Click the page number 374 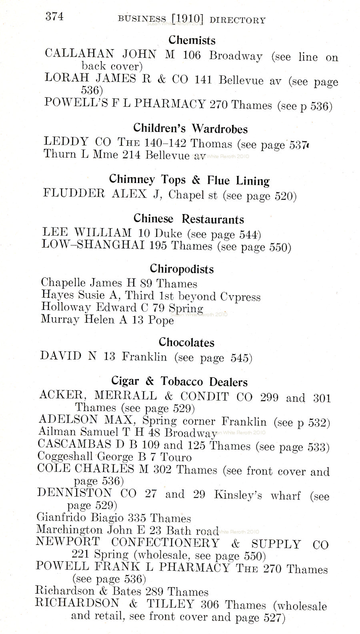tap(54, 16)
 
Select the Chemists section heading tap(192, 40)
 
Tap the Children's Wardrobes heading tap(190, 128)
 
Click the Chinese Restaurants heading tap(188, 219)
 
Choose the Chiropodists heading tap(182, 269)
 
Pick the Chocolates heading tap(186, 342)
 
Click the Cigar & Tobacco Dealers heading tap(185, 381)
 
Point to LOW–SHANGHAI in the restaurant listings tap(93, 245)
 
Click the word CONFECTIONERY tap(165, 543)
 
